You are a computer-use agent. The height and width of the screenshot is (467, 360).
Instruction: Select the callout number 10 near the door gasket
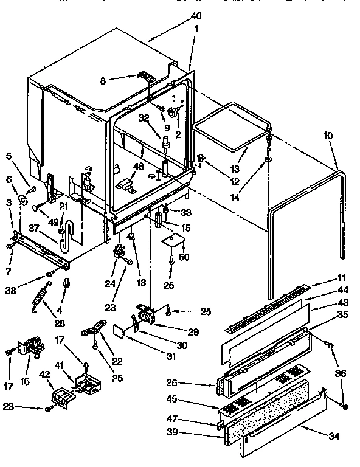pyautogui.click(x=328, y=136)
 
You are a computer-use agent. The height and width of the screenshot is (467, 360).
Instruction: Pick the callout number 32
pyautogui.click(x=144, y=119)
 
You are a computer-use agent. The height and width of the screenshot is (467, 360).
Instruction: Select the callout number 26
pyautogui.click(x=172, y=383)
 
